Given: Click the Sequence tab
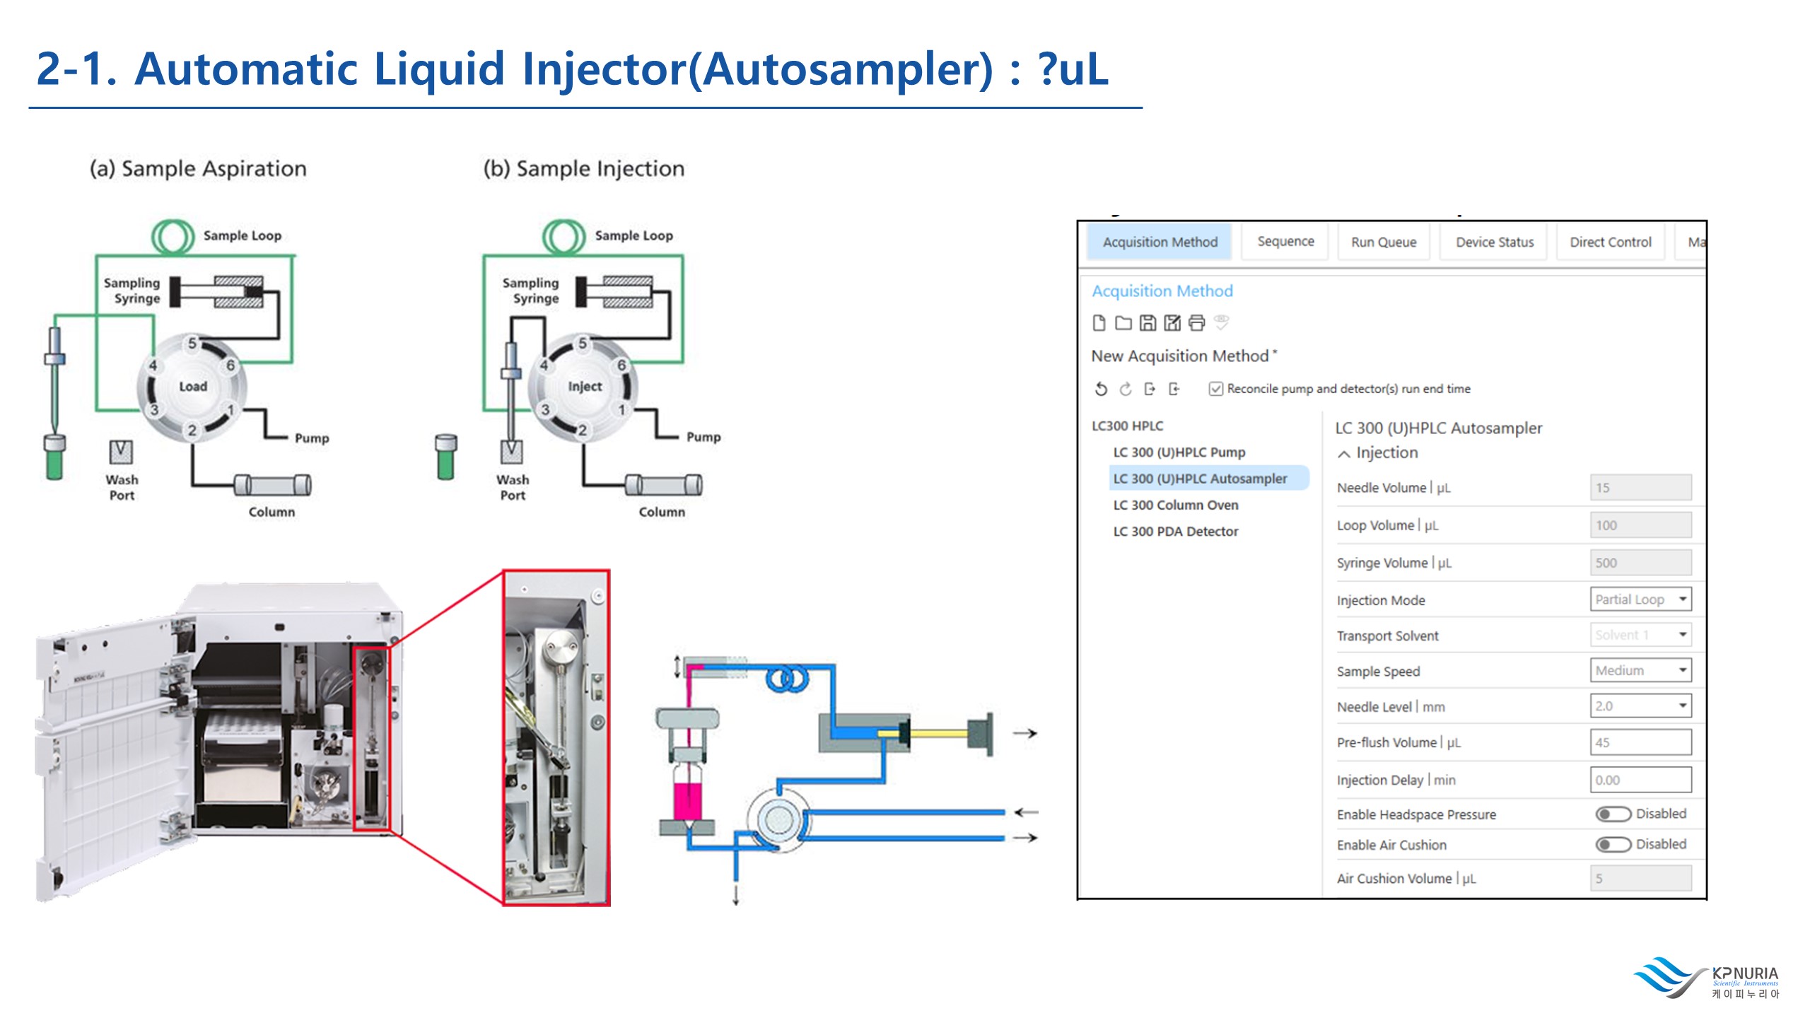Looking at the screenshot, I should [x=1285, y=242].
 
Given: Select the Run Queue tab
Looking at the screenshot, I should [x=1384, y=242].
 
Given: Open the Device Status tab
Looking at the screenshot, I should [x=1495, y=242].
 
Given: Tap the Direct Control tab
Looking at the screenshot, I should [x=1611, y=242].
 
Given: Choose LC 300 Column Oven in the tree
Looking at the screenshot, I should [x=1176, y=505].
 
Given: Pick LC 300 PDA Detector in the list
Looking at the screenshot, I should [x=1176, y=531].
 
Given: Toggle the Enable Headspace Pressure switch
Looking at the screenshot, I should [x=1613, y=814].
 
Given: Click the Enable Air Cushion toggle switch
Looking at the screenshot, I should [x=1613, y=845].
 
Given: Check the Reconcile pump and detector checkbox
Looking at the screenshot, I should [x=1216, y=389].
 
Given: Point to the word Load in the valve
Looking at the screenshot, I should [x=193, y=387].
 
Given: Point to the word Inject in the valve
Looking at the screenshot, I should [x=585, y=387].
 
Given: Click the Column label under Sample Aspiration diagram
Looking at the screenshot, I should [x=271, y=512].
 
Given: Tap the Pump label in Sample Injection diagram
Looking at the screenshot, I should [x=703, y=437].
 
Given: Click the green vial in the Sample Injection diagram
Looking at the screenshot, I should [x=446, y=458].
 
